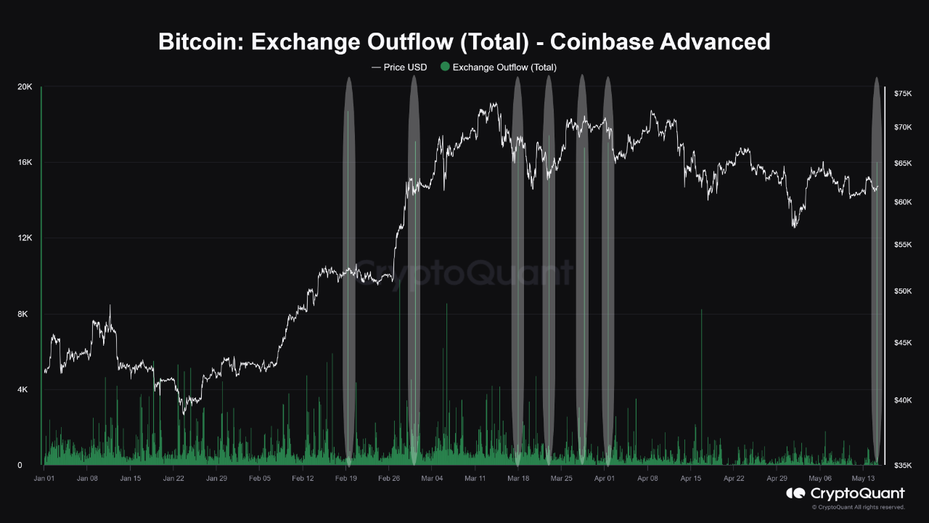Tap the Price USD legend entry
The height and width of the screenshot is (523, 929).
399,67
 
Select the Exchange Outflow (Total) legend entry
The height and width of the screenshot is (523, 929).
504,67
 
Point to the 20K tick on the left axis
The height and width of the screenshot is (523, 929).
25,87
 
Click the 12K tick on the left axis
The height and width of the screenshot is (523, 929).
25,238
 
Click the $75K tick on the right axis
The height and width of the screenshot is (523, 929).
903,94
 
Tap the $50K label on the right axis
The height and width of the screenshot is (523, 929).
903,291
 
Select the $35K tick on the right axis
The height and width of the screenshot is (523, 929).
903,466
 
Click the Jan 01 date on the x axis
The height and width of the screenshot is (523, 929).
44,479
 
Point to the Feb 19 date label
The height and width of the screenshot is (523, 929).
346,479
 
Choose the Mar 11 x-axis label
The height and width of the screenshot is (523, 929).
475,479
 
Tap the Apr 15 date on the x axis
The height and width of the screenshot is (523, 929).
691,479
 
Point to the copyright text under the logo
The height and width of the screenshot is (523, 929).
861,507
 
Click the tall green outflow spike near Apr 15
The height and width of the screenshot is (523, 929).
702,385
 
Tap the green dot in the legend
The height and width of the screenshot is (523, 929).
445,67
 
